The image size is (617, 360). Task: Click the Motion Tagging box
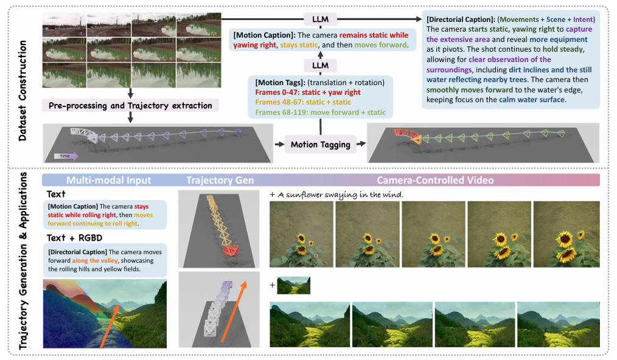pos(321,144)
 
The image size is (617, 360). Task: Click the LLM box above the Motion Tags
pos(321,65)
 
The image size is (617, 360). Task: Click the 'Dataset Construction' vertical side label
pos(23,91)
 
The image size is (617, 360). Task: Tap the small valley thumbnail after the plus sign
pos(293,285)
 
